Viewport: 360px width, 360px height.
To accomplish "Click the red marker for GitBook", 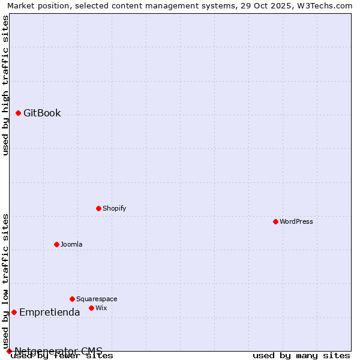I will (18, 113).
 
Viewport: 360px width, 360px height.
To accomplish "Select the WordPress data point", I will (275, 221).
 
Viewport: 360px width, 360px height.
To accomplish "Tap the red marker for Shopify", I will (98, 208).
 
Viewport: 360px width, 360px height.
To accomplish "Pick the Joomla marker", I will (56, 244).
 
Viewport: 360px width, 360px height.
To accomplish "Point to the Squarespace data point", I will (72, 299).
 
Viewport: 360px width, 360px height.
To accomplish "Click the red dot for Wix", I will (91, 308).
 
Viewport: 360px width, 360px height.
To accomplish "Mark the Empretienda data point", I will (14, 312).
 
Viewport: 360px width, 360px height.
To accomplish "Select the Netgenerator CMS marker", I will (9, 351).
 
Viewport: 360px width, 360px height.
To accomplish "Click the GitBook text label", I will (42, 113).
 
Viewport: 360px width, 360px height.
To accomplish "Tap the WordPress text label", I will (296, 221).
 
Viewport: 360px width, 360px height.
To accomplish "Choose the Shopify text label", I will (114, 208).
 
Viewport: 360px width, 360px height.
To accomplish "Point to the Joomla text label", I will (71, 244).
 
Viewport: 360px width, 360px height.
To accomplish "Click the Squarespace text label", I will (97, 299).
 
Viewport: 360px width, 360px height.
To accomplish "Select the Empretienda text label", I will (49, 312).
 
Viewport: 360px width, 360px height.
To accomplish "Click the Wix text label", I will (101, 308).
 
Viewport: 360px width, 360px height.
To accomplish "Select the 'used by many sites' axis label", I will (301, 355).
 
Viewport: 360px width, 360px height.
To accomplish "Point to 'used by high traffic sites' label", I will (6, 85).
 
